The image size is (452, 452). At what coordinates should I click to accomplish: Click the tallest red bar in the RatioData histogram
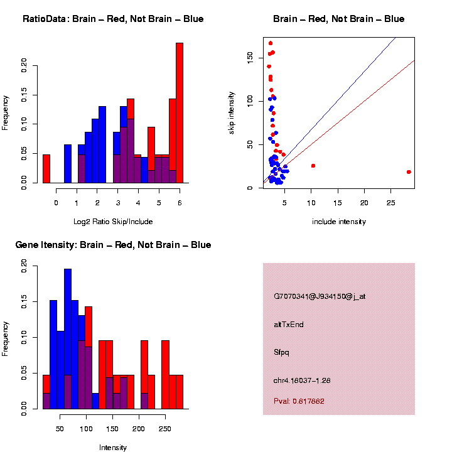point(180,113)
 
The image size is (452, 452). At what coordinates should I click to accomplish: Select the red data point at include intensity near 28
point(409,171)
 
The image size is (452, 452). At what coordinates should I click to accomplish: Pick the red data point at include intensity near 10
point(313,166)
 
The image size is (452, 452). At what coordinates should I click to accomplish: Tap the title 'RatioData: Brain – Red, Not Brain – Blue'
point(113,19)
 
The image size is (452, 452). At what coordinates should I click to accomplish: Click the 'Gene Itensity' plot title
point(113,245)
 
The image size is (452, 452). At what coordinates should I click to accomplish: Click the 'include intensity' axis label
point(339,222)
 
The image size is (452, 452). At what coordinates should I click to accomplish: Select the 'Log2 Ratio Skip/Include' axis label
point(112,222)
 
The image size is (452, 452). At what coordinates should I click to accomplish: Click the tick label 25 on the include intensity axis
point(390,202)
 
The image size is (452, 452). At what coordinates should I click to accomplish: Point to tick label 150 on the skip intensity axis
point(249,58)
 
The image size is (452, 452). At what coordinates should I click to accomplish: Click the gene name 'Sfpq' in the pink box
point(281,352)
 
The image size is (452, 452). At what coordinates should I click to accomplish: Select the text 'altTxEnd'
point(289,325)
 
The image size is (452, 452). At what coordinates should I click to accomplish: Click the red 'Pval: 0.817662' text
point(299,401)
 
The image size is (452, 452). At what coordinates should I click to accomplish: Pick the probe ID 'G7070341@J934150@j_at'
point(320,296)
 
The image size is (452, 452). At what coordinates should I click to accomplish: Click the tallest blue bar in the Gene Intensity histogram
point(68,339)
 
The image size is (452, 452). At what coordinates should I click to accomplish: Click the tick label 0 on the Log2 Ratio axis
point(56,202)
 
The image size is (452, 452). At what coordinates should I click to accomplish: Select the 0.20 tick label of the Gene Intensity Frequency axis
point(24,266)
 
